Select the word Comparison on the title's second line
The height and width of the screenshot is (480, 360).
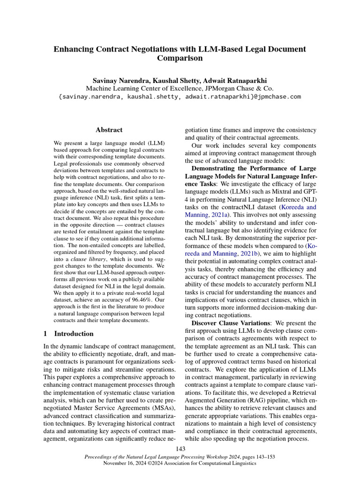[x=180, y=59]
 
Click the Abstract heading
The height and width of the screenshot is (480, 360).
[x=109, y=130]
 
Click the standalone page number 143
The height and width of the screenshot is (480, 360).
[x=180, y=450]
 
